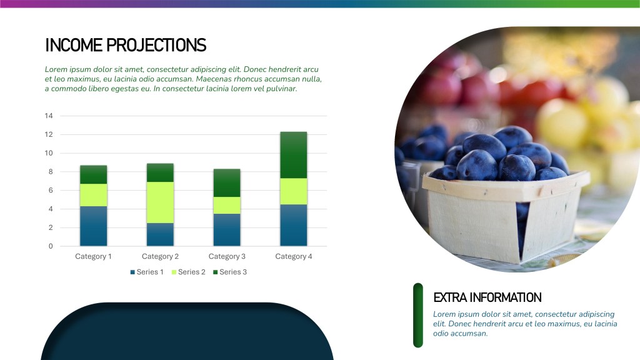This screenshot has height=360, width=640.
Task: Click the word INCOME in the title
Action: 74,45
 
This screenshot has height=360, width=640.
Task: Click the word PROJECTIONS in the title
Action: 156,45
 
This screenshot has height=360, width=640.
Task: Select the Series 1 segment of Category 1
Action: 94,226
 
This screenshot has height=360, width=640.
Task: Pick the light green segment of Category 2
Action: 160,202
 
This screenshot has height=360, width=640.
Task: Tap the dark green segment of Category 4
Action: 294,155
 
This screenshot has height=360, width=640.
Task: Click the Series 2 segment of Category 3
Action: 227,205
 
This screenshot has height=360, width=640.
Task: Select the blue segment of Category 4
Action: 294,225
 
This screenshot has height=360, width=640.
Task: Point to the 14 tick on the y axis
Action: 49,116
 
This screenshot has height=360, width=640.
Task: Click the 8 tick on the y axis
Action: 51,172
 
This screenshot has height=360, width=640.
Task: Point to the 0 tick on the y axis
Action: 51,246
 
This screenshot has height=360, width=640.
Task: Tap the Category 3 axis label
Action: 227,256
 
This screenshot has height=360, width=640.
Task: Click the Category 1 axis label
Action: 93,256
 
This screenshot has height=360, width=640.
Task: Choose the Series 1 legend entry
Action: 147,272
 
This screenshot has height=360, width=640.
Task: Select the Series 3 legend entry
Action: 230,272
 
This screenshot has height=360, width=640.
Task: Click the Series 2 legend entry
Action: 189,272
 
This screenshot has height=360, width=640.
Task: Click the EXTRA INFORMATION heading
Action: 487,297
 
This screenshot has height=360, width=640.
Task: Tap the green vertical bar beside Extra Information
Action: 418,316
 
